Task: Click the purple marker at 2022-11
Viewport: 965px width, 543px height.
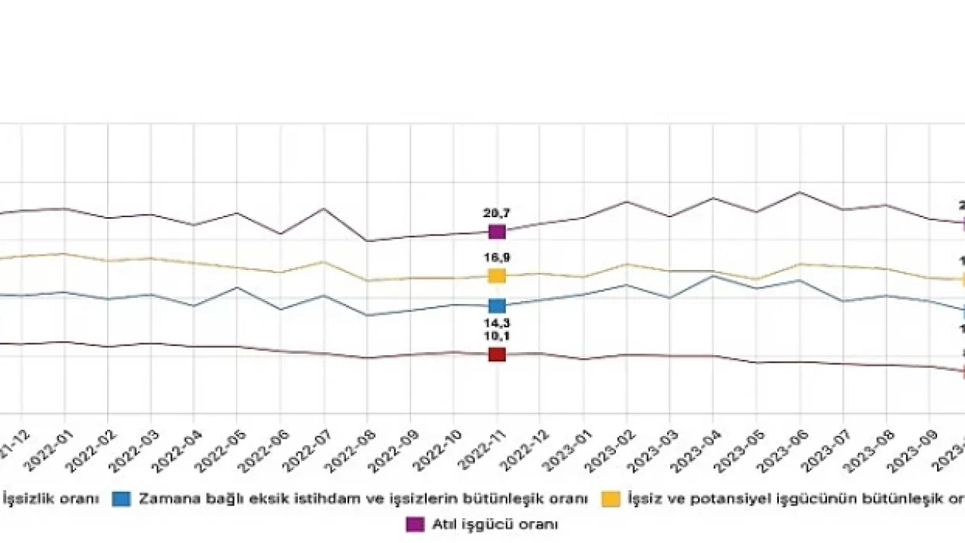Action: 497,232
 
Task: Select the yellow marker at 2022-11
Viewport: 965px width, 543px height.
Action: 497,275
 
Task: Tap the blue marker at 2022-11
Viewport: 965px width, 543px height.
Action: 497,305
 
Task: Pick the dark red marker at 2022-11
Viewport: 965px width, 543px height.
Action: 497,354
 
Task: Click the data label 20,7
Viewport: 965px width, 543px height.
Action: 497,213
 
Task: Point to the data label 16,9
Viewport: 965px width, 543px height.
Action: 497,258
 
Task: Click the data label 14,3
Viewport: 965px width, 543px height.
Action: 497,324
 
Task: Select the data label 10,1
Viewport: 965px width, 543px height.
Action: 497,336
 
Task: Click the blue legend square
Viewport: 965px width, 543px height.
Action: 121,499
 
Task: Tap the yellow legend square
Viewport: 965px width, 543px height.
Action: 611,499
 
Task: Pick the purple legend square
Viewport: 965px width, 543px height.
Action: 415,523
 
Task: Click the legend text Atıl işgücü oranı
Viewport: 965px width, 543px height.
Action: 495,523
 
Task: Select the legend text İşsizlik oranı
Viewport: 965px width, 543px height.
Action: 51,499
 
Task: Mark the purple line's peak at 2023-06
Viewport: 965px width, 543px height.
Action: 800,192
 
